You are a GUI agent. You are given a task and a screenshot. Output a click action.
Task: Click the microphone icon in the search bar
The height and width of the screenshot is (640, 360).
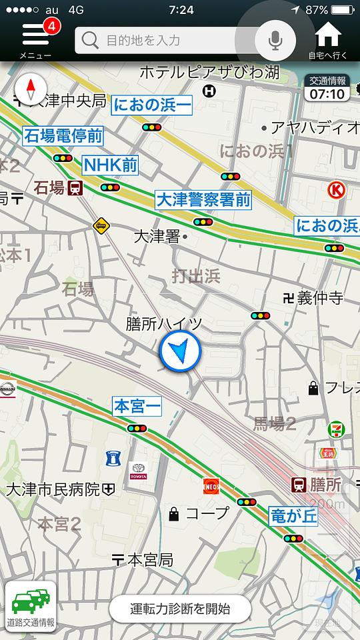[275, 40]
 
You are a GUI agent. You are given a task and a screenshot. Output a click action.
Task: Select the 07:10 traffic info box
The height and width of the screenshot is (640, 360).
[327, 88]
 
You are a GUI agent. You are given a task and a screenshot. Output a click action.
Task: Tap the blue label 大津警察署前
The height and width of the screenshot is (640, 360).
[203, 199]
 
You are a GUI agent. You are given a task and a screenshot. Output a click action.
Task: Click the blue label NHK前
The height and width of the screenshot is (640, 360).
[110, 165]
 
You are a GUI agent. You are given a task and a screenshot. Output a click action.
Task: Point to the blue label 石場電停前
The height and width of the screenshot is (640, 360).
[64, 137]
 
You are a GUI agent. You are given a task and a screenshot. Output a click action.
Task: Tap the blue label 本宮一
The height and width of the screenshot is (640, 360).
[137, 406]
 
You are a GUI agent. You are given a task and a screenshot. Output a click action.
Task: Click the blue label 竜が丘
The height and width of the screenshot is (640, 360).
[293, 515]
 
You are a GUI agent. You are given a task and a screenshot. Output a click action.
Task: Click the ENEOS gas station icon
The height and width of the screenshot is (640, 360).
[211, 486]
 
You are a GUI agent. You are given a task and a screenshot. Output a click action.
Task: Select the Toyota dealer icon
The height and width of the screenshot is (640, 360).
[138, 471]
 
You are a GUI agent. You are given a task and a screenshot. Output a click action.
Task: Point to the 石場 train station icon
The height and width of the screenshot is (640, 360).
[75, 188]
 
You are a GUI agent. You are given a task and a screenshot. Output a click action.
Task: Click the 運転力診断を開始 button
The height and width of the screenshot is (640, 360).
[180, 608]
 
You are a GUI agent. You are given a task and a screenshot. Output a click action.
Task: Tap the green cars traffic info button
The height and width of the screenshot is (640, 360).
[31, 605]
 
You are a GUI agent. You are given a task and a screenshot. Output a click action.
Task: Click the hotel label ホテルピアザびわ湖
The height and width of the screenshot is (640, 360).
[209, 72]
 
